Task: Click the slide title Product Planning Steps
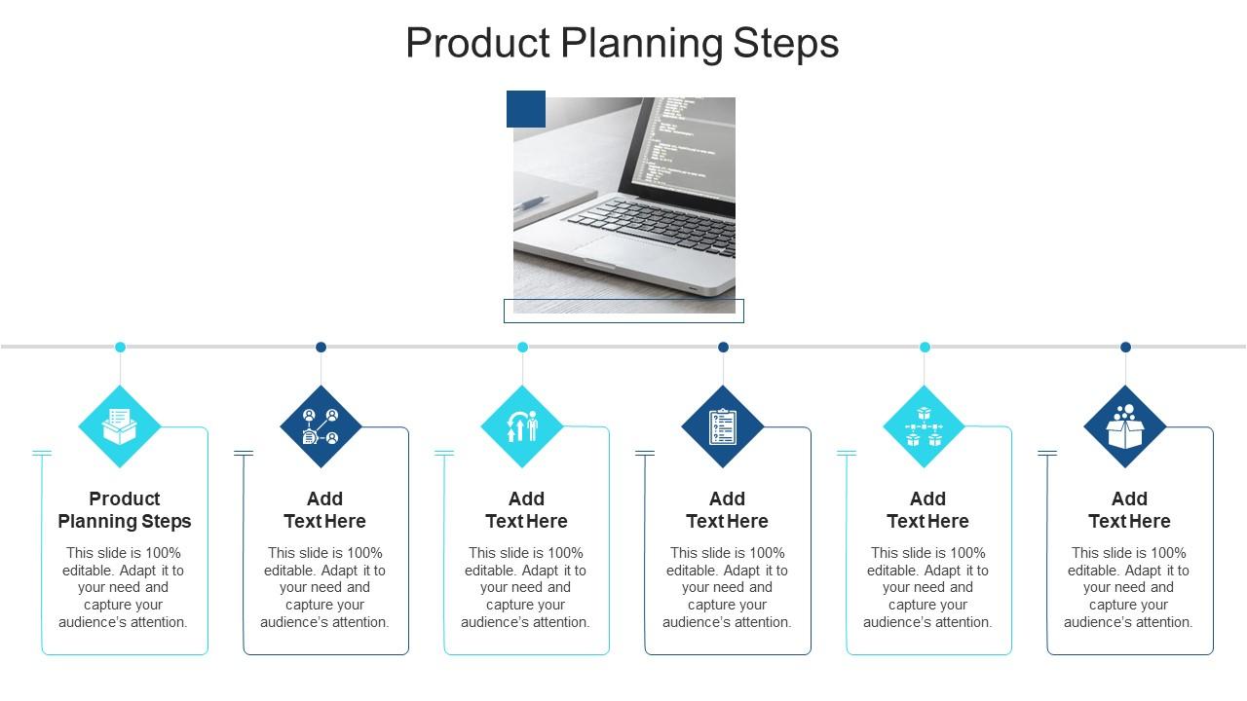coord(622,44)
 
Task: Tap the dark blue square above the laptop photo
coord(526,109)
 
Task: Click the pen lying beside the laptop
coord(531,203)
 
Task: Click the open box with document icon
coord(120,426)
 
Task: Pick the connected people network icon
coord(321,426)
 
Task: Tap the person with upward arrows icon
coord(522,426)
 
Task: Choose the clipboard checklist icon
coord(723,426)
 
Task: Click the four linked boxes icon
coord(924,426)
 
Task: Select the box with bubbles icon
coord(1125,426)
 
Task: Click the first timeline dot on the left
coord(120,347)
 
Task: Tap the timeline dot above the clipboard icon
coord(723,347)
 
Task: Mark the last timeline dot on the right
coord(1125,347)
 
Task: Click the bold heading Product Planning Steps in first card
coord(125,510)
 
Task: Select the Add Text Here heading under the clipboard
coord(727,510)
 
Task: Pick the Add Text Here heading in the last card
coord(1129,510)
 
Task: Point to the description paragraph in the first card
coord(124,587)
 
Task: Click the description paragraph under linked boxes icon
coord(927,587)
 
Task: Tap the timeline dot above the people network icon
coord(321,347)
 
